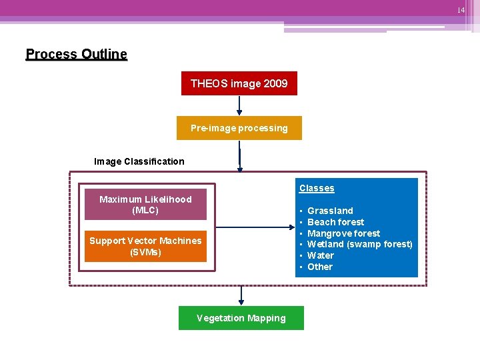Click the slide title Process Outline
[x=76, y=54]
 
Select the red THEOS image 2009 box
[x=239, y=83]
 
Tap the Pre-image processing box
[x=239, y=128]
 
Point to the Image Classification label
[x=139, y=161]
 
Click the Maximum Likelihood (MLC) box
[x=145, y=205]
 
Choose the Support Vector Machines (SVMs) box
[x=145, y=247]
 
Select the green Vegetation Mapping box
[x=241, y=318]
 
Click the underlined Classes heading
[x=317, y=189]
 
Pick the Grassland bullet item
[x=330, y=211]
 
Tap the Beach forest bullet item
[x=335, y=222]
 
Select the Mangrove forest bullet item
[x=343, y=233]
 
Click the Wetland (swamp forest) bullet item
[x=359, y=244]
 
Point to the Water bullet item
[x=321, y=255]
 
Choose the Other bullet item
[x=320, y=267]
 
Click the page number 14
[x=461, y=10]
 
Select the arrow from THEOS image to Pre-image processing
[x=239, y=106]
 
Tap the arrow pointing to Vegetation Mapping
[x=241, y=295]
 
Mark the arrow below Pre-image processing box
[x=239, y=157]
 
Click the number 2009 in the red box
[x=275, y=83]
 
